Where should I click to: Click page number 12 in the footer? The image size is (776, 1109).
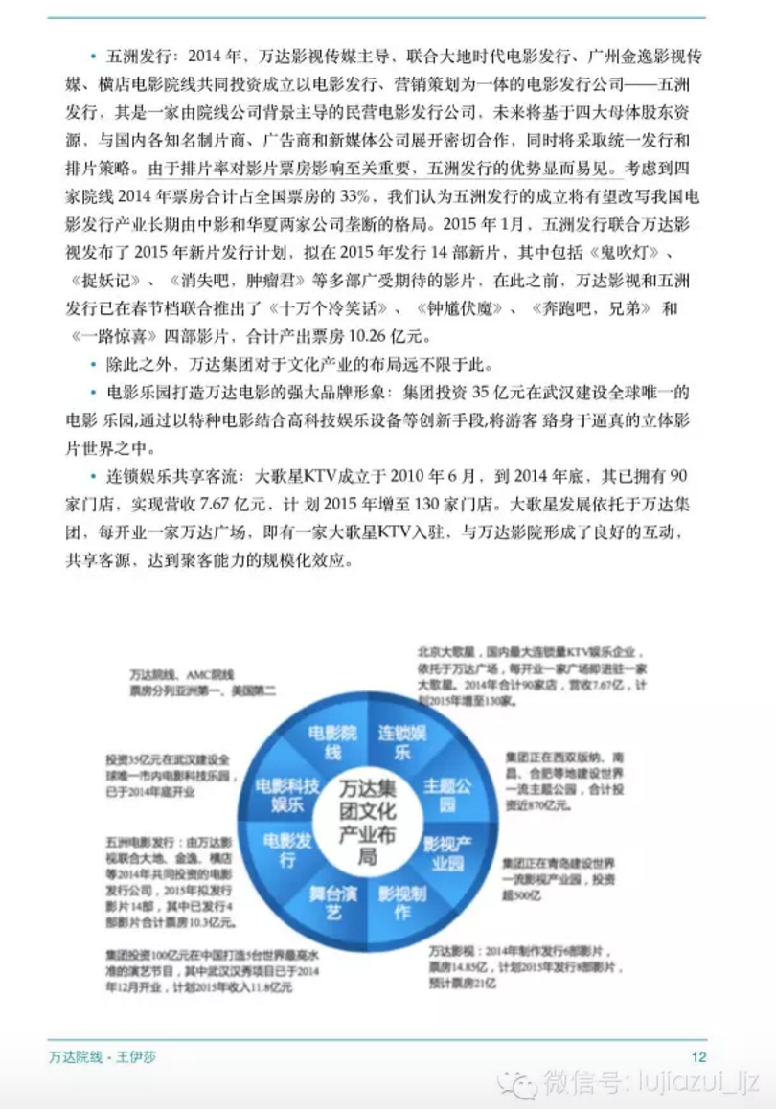[698, 1056]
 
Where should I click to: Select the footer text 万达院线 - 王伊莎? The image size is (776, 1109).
[102, 1056]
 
